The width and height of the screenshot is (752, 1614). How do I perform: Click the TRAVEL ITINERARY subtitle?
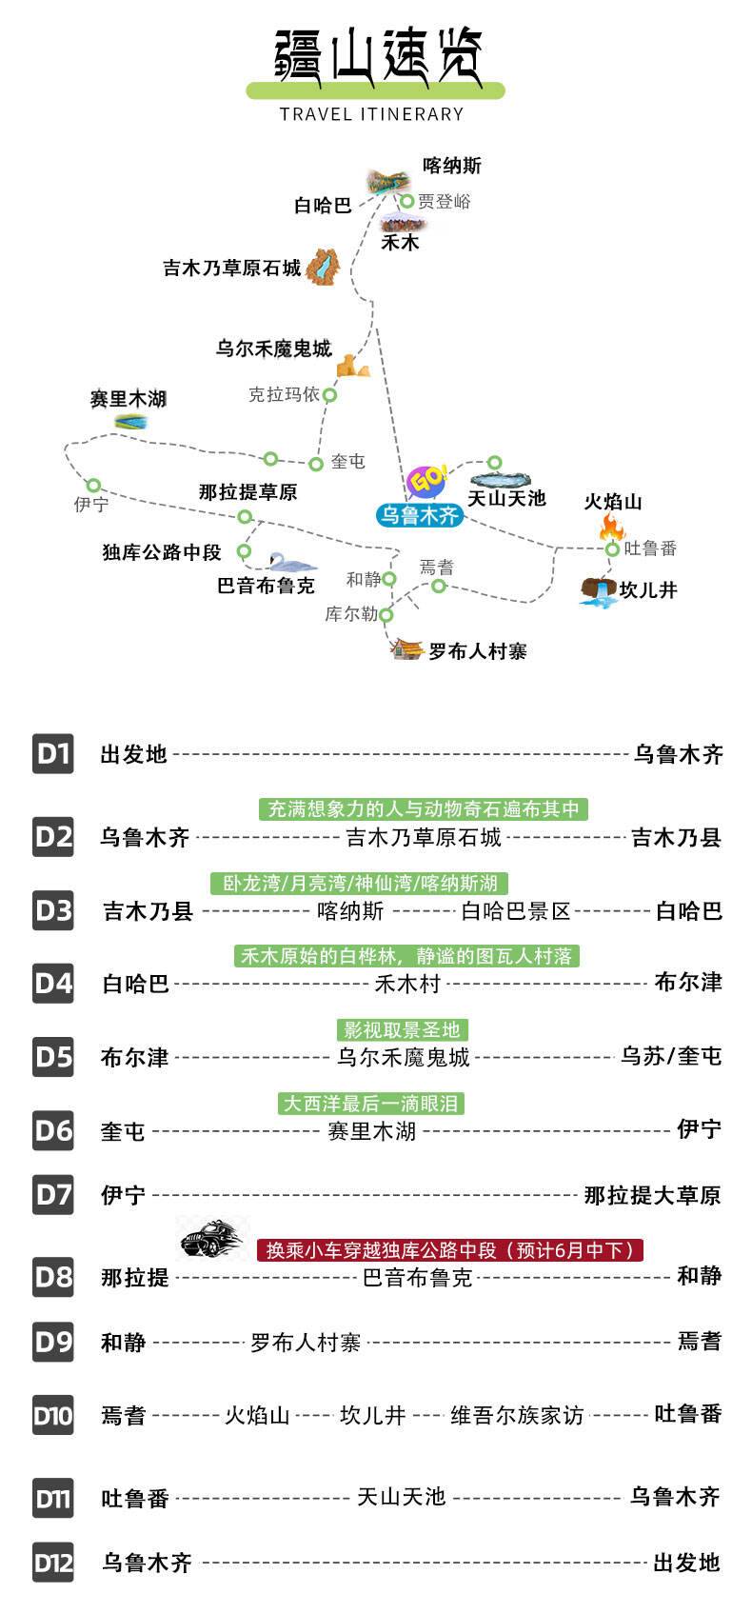point(371,114)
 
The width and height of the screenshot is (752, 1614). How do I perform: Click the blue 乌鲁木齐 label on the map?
point(419,515)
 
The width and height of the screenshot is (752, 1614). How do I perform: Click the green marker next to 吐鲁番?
point(613,549)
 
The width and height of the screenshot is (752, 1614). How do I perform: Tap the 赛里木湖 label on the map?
point(128,399)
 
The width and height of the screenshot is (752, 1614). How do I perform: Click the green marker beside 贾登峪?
point(406,201)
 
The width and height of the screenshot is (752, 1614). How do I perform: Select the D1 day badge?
point(53,754)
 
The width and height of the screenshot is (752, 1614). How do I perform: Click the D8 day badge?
point(53,1276)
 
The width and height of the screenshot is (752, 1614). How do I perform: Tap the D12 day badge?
point(53,1563)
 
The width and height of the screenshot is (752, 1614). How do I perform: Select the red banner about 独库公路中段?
point(450,1249)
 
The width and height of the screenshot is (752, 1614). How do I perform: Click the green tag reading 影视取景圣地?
point(402,1029)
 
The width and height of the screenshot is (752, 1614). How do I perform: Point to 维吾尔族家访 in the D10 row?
point(517,1415)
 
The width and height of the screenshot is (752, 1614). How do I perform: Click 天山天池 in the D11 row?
point(401,1497)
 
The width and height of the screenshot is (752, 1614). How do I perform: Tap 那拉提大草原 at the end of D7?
point(652,1195)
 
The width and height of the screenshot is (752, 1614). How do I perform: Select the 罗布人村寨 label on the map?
point(478,651)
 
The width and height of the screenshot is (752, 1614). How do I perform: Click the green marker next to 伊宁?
point(93,485)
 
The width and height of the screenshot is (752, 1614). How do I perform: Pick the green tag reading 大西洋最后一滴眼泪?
point(371,1104)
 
